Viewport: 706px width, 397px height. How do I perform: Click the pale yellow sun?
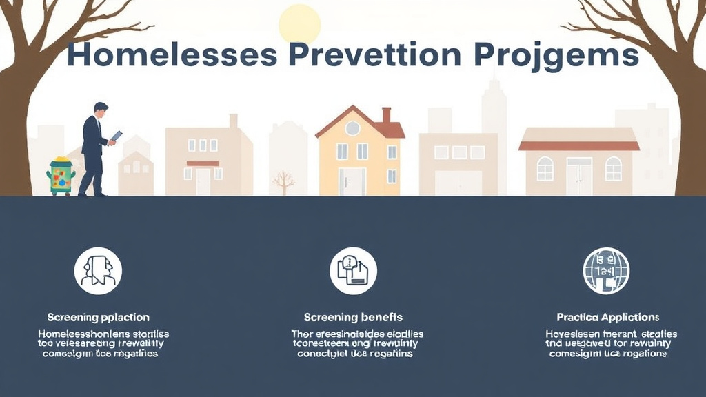pos(300,24)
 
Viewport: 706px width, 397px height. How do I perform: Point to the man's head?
pos(101,110)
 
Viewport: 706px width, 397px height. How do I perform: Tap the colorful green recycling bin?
pos(61,176)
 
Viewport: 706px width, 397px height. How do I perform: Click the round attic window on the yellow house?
pos(352,128)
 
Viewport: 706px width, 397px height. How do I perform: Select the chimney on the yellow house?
pos(386,114)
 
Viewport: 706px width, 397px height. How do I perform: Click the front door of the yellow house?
pos(352,181)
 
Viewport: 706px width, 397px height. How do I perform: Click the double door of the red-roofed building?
pos(579,176)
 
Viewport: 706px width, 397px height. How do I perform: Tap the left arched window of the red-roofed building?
pos(545,169)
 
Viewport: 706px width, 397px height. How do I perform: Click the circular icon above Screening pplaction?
pos(98,271)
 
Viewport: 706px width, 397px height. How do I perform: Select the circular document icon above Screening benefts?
pos(353,271)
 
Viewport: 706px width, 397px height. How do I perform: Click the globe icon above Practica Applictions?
pos(606,271)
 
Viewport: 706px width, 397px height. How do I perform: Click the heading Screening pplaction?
pos(98,318)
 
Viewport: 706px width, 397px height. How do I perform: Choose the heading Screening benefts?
pos(353,318)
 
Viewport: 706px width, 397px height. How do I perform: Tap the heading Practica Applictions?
pos(607,318)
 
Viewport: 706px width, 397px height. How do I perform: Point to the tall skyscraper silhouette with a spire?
pos(494,110)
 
